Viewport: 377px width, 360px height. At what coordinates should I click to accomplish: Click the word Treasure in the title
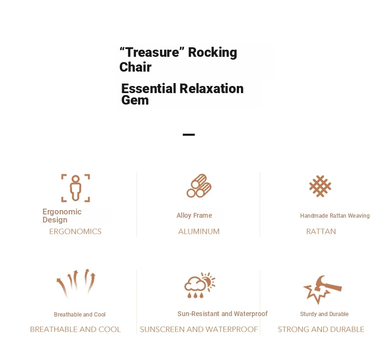point(152,52)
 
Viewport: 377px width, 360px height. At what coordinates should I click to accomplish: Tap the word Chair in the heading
point(136,67)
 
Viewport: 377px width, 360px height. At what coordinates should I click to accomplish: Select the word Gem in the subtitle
point(135,100)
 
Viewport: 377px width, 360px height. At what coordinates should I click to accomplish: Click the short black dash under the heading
point(189,135)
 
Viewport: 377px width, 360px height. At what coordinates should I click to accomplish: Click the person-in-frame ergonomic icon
point(75,188)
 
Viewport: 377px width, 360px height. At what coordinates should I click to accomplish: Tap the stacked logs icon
point(199,186)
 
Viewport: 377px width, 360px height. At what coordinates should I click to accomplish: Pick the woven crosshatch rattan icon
point(320,186)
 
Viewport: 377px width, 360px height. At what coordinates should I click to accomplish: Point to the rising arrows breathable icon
point(76,284)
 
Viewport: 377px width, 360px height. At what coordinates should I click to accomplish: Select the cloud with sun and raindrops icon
point(199,285)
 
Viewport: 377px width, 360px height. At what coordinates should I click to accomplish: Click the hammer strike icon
point(322,289)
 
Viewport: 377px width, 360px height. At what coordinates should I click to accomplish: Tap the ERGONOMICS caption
point(75,232)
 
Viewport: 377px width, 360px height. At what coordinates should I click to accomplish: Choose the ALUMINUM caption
point(199,232)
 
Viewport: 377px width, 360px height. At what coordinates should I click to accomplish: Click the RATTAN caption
point(321,232)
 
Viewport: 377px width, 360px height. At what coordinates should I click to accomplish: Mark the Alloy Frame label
point(194,215)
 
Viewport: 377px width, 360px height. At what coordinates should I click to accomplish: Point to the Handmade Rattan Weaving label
point(335,216)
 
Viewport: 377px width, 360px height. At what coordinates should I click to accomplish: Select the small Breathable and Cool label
point(80,315)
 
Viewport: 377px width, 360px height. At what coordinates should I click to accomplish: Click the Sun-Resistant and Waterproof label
point(222,314)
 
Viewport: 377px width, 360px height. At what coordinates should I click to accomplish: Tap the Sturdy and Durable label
point(324,314)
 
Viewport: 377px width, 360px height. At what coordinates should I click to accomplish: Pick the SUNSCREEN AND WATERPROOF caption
point(199,329)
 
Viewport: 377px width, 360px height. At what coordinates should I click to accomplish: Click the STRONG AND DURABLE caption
point(321,329)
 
